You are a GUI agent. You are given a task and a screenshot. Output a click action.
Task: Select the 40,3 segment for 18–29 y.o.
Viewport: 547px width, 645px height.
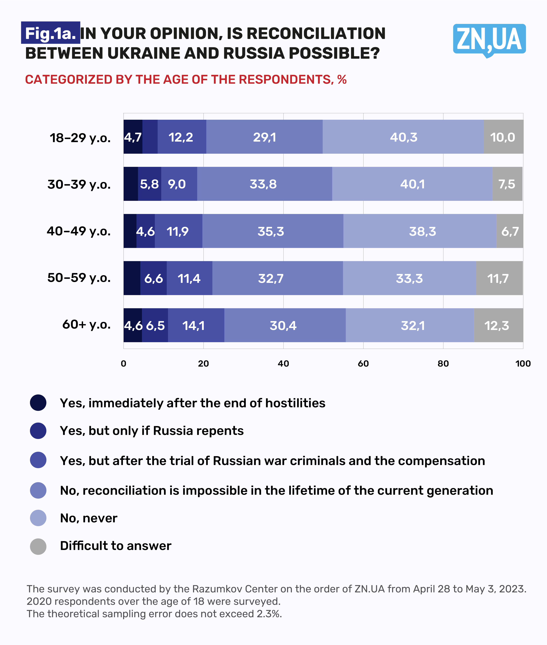(x=403, y=137)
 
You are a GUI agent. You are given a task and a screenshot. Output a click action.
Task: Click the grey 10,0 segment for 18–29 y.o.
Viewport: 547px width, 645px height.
(x=503, y=137)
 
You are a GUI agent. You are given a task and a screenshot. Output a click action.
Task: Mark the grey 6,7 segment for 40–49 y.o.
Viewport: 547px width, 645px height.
(x=510, y=231)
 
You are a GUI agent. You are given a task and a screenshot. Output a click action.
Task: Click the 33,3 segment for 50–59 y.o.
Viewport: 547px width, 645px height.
(x=409, y=278)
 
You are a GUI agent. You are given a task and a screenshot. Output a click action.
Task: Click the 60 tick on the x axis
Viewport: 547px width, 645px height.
(x=363, y=363)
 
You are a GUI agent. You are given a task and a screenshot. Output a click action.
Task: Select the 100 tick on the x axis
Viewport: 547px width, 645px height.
(x=523, y=363)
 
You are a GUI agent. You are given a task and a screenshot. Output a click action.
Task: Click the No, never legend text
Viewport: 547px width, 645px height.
(x=89, y=518)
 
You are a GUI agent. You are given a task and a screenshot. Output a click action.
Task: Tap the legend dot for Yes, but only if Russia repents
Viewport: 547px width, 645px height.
(x=38, y=431)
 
